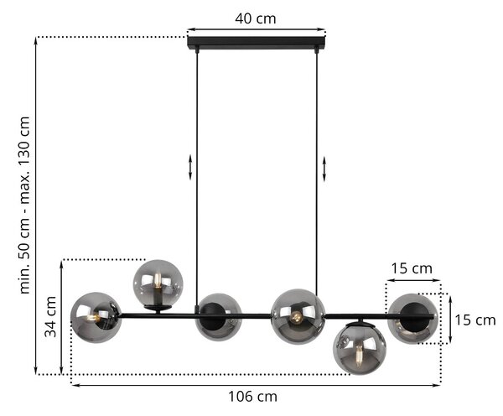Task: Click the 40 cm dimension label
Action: (x=256, y=18)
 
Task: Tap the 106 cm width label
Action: (x=252, y=397)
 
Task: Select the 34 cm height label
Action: (x=50, y=317)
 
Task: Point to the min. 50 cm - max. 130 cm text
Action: (x=24, y=205)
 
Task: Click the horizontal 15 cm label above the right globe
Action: (x=412, y=268)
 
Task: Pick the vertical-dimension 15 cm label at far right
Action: (x=475, y=320)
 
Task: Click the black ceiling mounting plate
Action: (x=257, y=43)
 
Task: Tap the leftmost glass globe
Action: (x=96, y=318)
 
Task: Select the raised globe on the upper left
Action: (x=158, y=284)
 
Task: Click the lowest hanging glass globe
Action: (x=360, y=348)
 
